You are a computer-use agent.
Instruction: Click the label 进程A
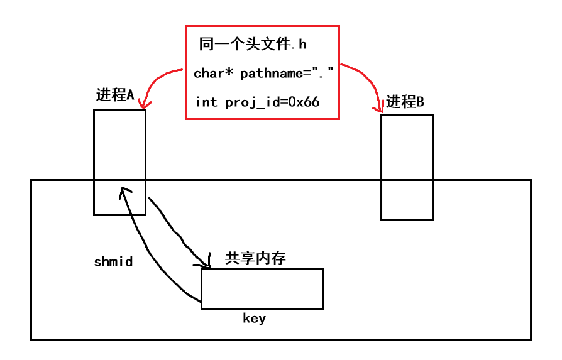[115, 95]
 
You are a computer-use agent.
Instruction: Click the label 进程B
[405, 102]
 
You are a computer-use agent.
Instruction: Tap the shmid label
[113, 262]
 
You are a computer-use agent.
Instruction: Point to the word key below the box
[254, 318]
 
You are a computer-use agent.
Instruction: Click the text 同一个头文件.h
[253, 44]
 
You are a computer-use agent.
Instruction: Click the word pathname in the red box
[272, 74]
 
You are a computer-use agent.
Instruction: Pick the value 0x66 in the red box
[304, 102]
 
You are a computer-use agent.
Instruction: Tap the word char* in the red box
[214, 74]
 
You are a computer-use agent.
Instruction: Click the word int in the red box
[206, 102]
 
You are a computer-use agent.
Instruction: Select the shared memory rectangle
[262, 289]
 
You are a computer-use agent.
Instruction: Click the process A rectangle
[119, 151]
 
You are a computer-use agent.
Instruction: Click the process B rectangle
[407, 167]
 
